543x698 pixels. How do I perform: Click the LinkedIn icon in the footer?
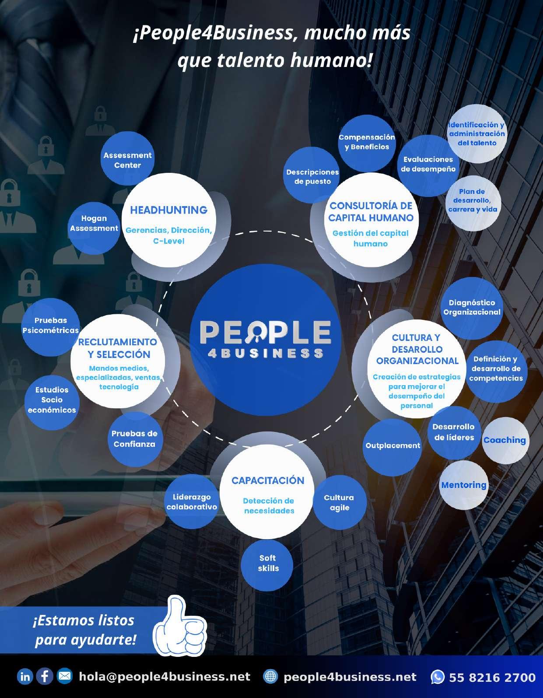click(x=25, y=677)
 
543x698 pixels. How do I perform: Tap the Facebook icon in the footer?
click(x=45, y=677)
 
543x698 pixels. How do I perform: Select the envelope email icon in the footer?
click(x=65, y=677)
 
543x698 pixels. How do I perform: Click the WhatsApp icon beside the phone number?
click(x=438, y=677)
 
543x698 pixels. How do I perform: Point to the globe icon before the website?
click(x=270, y=677)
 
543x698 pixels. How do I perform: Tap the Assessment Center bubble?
click(x=127, y=160)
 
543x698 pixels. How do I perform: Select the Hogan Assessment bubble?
click(x=94, y=223)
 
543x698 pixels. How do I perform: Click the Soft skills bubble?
click(x=268, y=563)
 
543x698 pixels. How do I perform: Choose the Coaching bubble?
click(x=504, y=440)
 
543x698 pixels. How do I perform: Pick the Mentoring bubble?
click(x=464, y=485)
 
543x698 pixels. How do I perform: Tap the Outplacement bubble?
click(x=392, y=445)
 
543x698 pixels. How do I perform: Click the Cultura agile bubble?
click(x=339, y=502)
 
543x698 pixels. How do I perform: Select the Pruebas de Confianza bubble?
click(x=134, y=438)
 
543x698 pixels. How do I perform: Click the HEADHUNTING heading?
click(x=168, y=210)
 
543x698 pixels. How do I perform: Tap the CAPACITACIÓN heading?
click(x=268, y=481)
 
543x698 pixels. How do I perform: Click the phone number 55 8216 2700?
click(x=492, y=677)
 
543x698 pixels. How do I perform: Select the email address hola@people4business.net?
click(x=165, y=677)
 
